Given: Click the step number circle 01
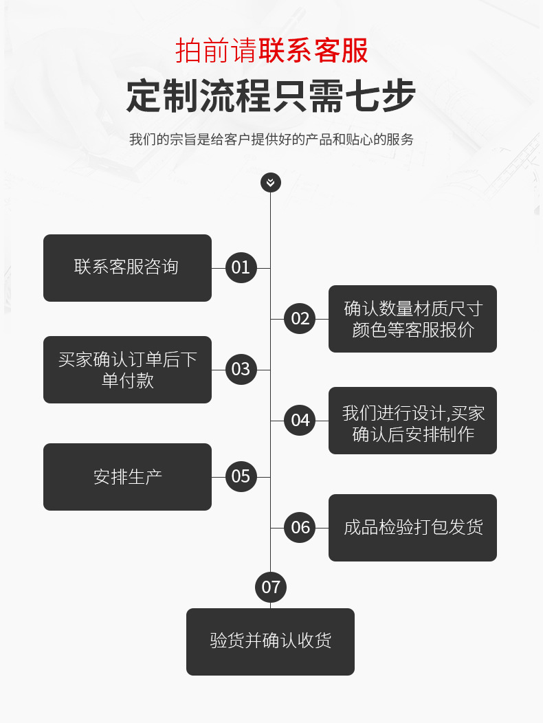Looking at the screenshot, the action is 241,267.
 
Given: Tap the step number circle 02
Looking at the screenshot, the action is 300,318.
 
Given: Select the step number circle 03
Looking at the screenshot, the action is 241,369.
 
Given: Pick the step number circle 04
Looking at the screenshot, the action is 300,420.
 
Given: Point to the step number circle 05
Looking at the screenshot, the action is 241,476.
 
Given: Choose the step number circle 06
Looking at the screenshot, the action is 300,527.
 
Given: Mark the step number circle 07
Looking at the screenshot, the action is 271,587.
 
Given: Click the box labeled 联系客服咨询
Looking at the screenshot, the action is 127,267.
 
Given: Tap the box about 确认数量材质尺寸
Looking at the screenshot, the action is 412,319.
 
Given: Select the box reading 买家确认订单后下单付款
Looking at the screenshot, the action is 127,370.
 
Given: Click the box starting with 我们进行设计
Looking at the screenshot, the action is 412,421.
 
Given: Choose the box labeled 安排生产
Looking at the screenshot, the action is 127,477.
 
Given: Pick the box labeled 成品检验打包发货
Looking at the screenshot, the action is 412,528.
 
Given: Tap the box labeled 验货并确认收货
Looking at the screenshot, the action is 270,641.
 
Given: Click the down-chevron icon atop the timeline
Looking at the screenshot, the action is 271,182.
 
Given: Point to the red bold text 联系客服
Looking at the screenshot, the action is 313,51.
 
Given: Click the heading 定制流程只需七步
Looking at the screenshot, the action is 271,96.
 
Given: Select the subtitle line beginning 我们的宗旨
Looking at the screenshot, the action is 271,140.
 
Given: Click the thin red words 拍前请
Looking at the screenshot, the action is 217,51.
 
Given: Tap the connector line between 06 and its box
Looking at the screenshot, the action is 322,528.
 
